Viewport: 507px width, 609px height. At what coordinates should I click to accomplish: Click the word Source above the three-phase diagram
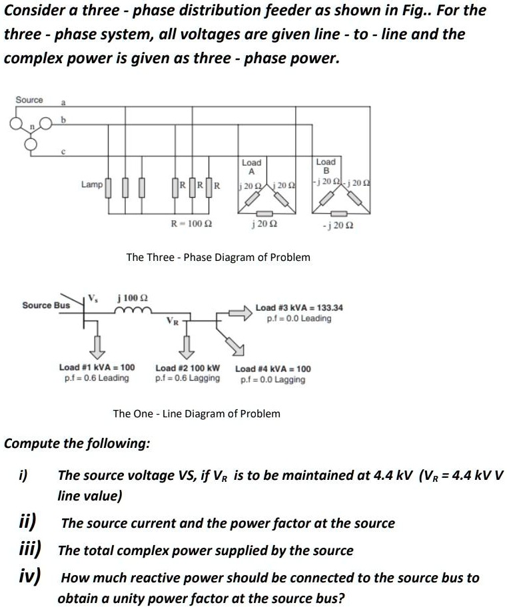click(x=29, y=100)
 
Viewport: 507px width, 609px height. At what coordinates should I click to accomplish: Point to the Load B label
click(x=326, y=166)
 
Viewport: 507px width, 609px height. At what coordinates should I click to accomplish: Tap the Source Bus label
click(x=46, y=305)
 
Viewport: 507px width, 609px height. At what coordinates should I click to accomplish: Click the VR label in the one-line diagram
click(x=173, y=321)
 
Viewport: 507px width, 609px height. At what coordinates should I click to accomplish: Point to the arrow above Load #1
click(x=97, y=345)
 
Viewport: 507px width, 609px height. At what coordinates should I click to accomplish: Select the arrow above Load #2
click(x=187, y=345)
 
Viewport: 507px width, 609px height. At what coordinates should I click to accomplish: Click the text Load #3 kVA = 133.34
click(x=299, y=307)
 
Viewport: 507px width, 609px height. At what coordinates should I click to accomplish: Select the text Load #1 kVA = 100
click(x=97, y=367)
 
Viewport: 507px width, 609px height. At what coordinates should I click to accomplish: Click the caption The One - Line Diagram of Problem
click(x=197, y=414)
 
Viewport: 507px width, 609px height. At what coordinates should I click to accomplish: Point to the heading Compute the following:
click(x=77, y=443)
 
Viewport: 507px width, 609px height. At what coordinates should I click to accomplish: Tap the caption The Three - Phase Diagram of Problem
click(x=218, y=257)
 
